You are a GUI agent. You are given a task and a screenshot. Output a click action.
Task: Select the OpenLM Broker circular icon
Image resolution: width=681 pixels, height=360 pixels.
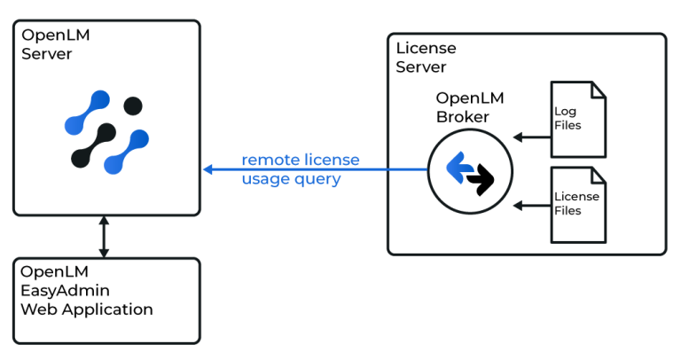(x=470, y=171)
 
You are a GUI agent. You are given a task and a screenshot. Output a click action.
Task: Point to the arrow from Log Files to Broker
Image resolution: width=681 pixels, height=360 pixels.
(x=530, y=137)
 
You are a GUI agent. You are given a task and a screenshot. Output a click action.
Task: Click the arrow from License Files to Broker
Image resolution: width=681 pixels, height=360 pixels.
(x=530, y=206)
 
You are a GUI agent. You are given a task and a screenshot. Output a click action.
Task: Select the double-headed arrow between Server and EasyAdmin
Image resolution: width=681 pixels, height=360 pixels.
(x=104, y=236)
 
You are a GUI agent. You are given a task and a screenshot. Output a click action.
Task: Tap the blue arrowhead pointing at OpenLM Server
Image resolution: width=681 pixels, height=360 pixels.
(x=207, y=169)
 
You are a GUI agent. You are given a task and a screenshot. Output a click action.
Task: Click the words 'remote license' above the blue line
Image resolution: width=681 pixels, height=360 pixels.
(x=301, y=160)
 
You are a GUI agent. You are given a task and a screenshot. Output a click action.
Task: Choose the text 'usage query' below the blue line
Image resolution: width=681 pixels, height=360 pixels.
(x=291, y=178)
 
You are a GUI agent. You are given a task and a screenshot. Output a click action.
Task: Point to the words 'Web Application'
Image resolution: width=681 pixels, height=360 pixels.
(x=87, y=309)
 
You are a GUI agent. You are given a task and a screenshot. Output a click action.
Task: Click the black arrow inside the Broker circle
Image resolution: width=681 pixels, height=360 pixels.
(x=480, y=182)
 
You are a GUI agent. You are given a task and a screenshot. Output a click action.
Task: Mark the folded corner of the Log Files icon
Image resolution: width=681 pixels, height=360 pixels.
(x=599, y=89)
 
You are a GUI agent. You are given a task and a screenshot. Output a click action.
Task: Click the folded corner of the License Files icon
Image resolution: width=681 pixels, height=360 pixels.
(x=599, y=174)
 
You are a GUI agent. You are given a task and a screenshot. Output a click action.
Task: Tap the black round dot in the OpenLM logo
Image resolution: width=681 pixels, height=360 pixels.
(x=132, y=106)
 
